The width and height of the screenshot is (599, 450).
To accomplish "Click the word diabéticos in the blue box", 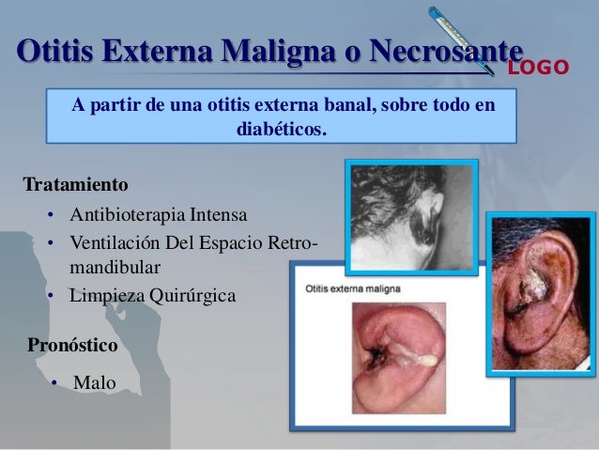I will (283, 126).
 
